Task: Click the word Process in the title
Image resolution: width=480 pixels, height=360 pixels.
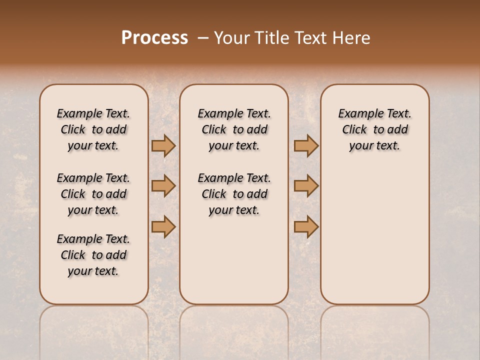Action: click(x=154, y=38)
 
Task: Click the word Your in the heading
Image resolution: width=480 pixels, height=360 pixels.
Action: click(x=232, y=38)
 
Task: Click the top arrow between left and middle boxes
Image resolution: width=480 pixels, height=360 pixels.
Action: click(x=163, y=145)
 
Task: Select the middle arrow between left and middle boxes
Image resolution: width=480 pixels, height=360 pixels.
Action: click(x=163, y=186)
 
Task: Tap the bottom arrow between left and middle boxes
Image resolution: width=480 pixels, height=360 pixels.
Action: click(x=163, y=226)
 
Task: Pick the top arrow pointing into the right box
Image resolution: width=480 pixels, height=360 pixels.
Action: click(x=306, y=145)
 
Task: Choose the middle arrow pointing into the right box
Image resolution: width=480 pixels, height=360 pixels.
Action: click(x=306, y=186)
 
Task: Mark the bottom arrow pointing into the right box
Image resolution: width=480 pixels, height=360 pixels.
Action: click(x=306, y=226)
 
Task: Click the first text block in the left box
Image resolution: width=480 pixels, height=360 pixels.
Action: click(x=93, y=129)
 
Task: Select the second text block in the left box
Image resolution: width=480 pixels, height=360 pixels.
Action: click(x=93, y=194)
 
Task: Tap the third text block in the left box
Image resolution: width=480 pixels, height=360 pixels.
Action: click(x=93, y=255)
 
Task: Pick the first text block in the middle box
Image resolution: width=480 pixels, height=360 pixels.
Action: click(x=234, y=129)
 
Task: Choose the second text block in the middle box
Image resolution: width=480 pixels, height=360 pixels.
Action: click(x=234, y=194)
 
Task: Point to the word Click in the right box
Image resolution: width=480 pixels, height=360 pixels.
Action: click(x=354, y=130)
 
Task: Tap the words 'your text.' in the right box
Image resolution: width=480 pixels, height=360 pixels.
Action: click(x=374, y=146)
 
